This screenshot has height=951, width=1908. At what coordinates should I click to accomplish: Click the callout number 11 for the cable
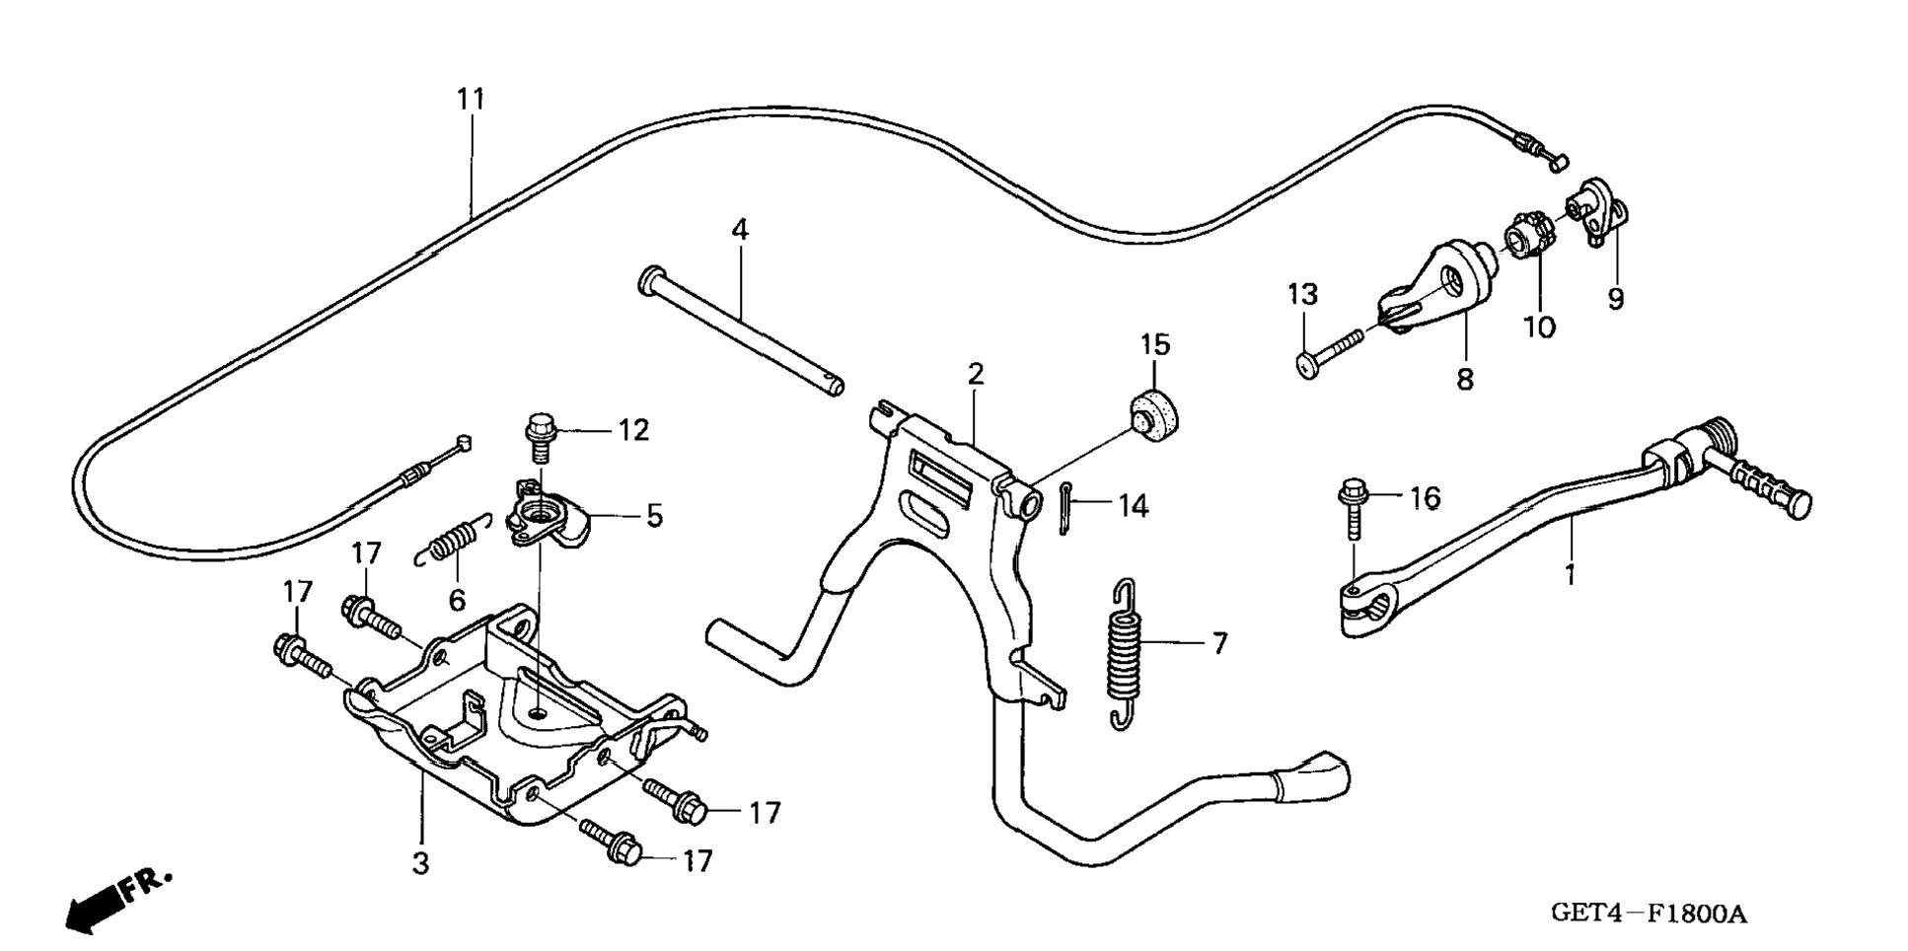pos(472,100)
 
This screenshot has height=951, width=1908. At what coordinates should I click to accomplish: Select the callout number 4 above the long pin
pos(740,230)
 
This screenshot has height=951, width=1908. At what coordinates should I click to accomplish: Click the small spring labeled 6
pos(451,541)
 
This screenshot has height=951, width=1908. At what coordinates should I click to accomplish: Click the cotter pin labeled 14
pos(1068,507)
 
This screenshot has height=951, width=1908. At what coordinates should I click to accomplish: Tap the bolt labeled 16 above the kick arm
pos(1353,508)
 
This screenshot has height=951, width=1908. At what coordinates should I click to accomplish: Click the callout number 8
pos(1465,379)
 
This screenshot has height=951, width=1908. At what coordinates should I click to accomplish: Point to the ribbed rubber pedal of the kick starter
pos(1759,486)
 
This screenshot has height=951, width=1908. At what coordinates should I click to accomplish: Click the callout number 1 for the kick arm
pos(1571,574)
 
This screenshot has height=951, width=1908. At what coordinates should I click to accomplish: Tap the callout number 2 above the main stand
pos(976,375)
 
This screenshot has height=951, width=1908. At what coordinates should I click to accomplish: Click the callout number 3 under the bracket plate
pos(421,864)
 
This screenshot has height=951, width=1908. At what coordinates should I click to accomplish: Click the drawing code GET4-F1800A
pos(1649,914)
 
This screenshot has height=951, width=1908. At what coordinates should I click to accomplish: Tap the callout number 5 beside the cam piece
pos(654,516)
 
